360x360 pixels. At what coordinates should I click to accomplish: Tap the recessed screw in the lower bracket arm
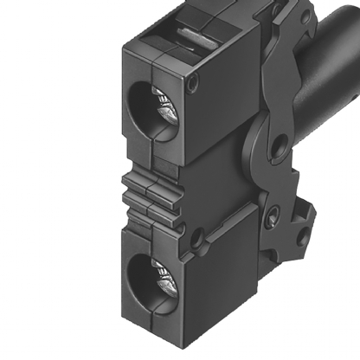click(x=272, y=213)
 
